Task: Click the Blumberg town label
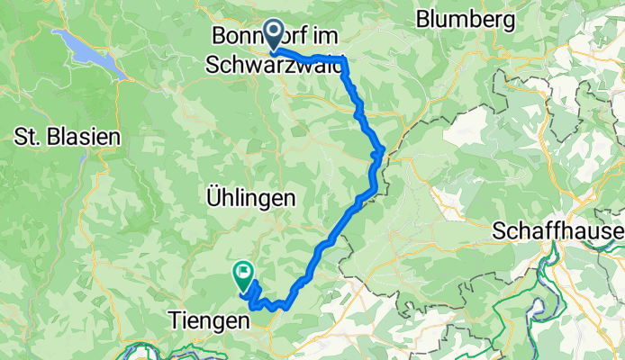(466, 18)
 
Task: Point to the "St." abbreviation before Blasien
(26, 137)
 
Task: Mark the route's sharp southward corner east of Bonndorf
(344, 61)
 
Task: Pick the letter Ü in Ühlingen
(213, 196)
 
